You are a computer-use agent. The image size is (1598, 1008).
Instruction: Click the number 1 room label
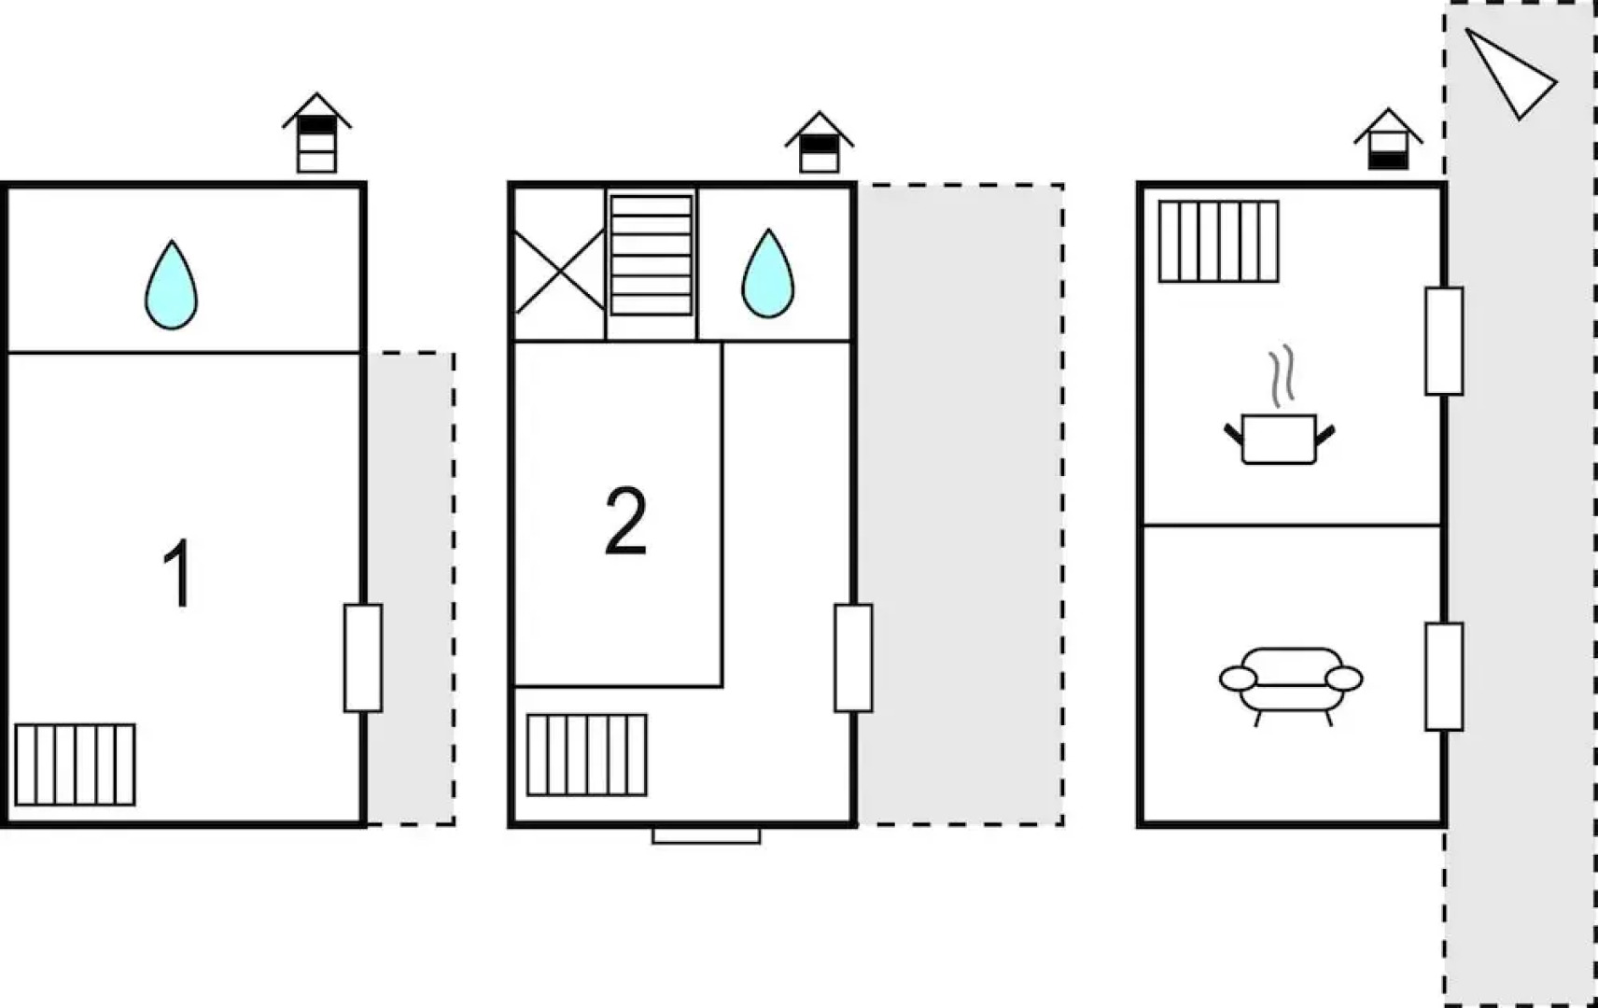pyautogui.click(x=177, y=573)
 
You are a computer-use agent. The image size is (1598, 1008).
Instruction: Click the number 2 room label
pyautogui.click(x=625, y=521)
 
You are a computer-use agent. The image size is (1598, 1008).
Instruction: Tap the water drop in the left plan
pyautogui.click(x=171, y=286)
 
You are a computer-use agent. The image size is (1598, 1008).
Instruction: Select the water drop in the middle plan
pyautogui.click(x=767, y=273)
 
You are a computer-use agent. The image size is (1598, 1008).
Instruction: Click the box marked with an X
pyautogui.click(x=559, y=271)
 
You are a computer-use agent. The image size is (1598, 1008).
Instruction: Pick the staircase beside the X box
pyautogui.click(x=651, y=255)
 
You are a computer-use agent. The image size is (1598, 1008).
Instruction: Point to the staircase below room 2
pyautogui.click(x=586, y=754)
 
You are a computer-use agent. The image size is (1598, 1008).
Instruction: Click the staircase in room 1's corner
pyautogui.click(x=75, y=764)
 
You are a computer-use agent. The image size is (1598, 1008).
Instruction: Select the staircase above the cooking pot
pyautogui.click(x=1218, y=241)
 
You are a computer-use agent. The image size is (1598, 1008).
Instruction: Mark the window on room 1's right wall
pyautogui.click(x=362, y=658)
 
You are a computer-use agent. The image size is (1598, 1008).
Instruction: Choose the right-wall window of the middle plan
pyautogui.click(x=853, y=658)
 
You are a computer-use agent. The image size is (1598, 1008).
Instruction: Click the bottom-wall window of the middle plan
pyautogui.click(x=706, y=835)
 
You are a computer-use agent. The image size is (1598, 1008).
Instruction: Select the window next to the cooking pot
pyautogui.click(x=1443, y=341)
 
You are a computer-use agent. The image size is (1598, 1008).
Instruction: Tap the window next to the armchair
pyautogui.click(x=1443, y=676)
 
